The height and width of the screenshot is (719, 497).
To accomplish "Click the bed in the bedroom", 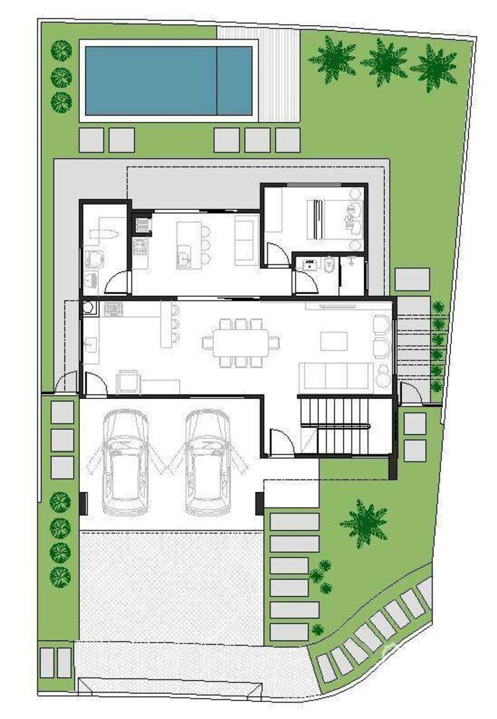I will pos(316,219).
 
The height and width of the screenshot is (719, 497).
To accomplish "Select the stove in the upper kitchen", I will pos(140,248).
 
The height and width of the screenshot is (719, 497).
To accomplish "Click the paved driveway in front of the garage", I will pos(170,586).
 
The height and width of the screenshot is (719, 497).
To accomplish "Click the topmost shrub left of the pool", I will pos(61,50).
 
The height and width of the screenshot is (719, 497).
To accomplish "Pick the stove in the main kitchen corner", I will pos(114,310).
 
